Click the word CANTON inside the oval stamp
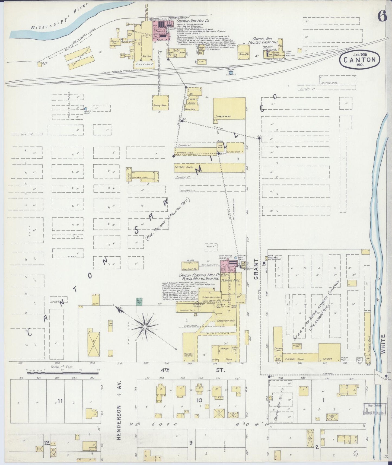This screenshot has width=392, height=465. pyautogui.click(x=359, y=60)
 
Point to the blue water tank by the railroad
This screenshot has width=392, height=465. pyautogui.click(x=231, y=73)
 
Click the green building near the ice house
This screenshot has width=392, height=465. pyautogui.click(x=139, y=302)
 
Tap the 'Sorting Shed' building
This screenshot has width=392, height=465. pyautogui.click(x=160, y=102)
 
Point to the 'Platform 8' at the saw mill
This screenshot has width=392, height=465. pyautogui.click(x=144, y=65)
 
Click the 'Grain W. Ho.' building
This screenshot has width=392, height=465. pyautogui.click(x=244, y=50)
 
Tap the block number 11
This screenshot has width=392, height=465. pyautogui.click(x=60, y=401)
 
